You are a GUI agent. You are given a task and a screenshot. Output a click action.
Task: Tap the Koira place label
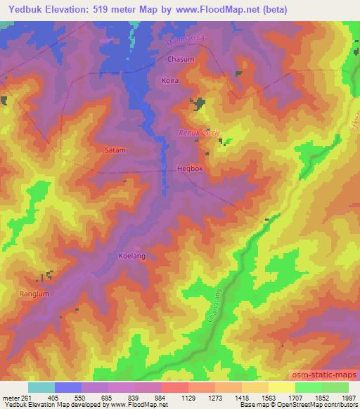tap(170, 81)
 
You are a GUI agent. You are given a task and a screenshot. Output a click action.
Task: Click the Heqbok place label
tap(190, 169)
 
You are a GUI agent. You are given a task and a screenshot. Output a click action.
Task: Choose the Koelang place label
tap(132, 257)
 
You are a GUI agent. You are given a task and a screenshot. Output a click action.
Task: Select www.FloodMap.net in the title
tap(218, 8)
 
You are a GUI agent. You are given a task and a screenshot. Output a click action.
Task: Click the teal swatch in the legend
tap(41, 387)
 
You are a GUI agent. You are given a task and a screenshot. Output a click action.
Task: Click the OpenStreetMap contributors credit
tap(323, 405)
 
